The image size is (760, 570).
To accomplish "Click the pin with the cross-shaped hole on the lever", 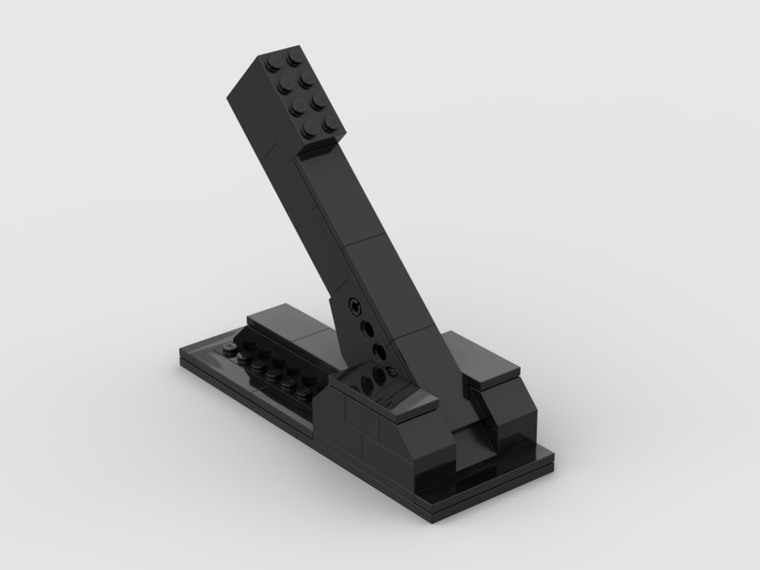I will [354, 306].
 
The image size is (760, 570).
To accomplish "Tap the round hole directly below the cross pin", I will [367, 328].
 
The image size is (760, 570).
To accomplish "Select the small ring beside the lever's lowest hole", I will [391, 371].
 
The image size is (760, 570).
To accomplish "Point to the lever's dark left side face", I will [304, 228].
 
